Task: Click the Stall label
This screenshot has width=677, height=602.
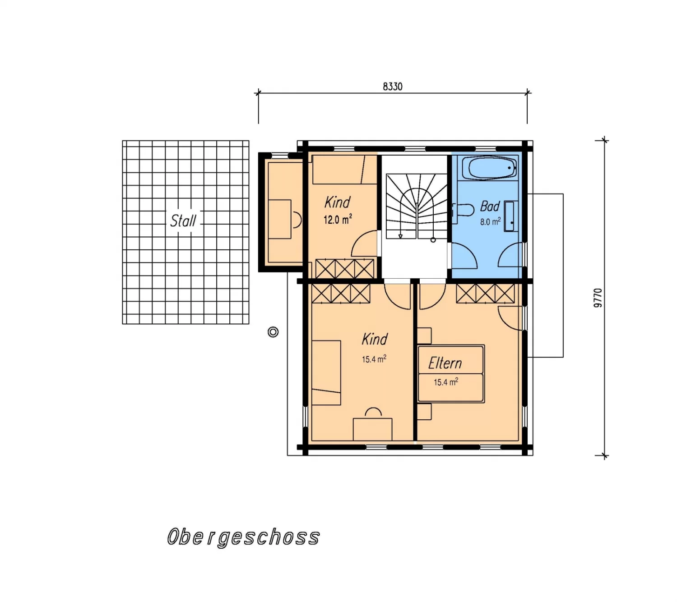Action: click(x=183, y=221)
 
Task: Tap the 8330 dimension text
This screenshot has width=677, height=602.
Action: click(x=392, y=87)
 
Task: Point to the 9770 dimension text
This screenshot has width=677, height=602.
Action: click(x=598, y=298)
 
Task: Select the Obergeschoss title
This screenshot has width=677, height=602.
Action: click(x=243, y=537)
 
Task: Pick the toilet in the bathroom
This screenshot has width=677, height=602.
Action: click(x=463, y=210)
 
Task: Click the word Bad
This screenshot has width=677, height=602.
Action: click(x=490, y=207)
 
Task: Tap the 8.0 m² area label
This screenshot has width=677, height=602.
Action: click(x=490, y=221)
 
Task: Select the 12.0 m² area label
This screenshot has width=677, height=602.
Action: click(x=338, y=219)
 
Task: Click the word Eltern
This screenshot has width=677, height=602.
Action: click(x=445, y=363)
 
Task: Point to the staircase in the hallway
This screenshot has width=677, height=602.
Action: click(x=417, y=206)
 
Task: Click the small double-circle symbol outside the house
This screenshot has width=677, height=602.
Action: click(x=273, y=332)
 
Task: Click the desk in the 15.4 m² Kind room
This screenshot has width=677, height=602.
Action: click(x=372, y=429)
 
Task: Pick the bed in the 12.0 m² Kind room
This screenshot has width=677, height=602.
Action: click(x=340, y=169)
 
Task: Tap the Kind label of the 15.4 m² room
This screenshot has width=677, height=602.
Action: click(x=375, y=339)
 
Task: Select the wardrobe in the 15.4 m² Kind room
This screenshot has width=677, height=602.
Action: click(x=341, y=294)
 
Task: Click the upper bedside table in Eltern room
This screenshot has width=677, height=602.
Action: click(x=424, y=335)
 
